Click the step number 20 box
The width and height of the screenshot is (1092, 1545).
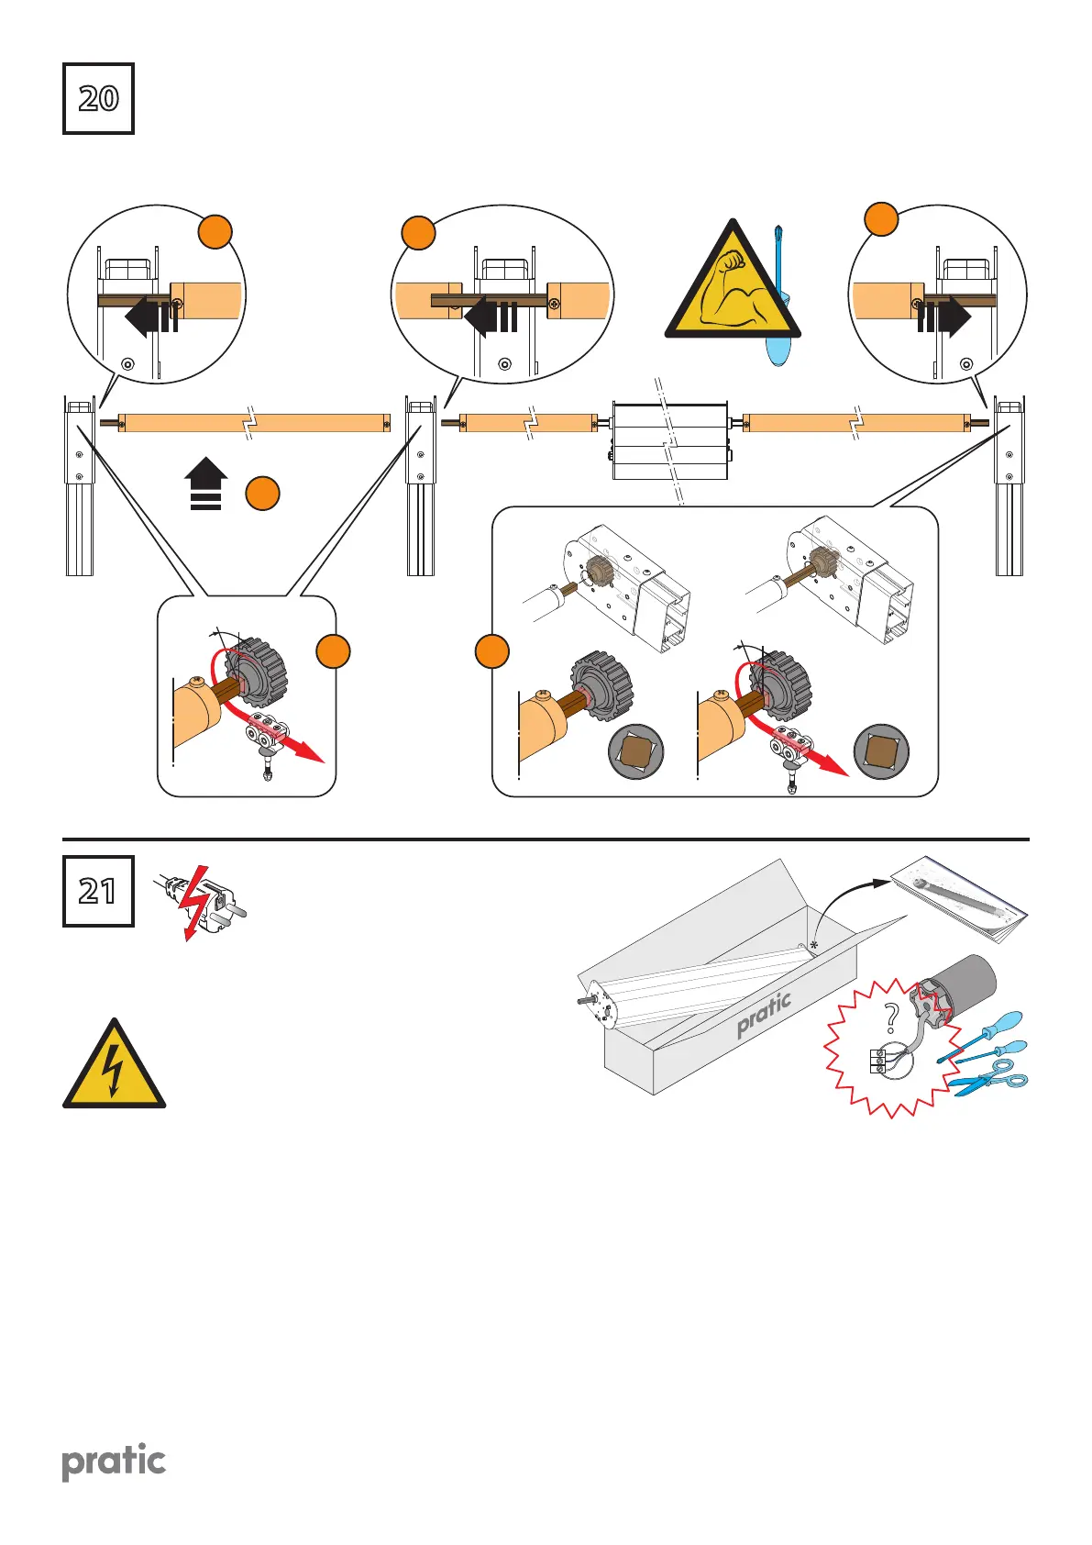[98, 98]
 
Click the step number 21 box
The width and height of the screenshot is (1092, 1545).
[98, 891]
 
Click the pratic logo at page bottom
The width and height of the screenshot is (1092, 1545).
[114, 1461]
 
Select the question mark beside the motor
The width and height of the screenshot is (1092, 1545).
[890, 1018]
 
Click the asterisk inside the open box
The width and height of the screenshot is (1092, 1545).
[813, 945]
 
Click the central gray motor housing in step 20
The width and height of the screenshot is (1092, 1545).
[669, 440]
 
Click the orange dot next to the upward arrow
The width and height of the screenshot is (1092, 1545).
[262, 494]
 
